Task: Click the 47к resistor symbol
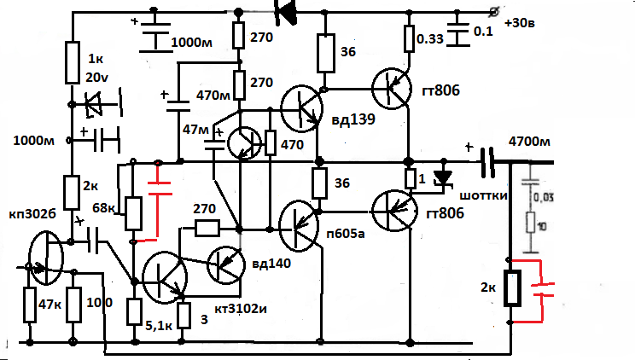(x=29, y=304)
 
